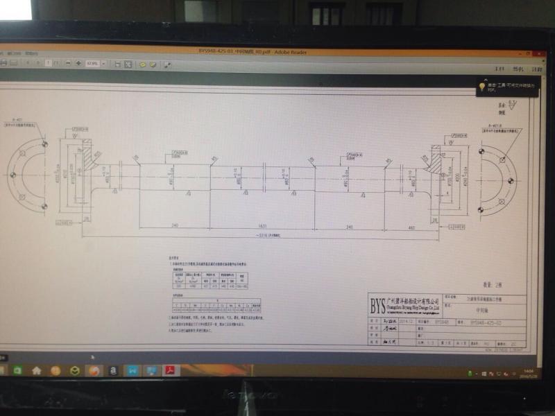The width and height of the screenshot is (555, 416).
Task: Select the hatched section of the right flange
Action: pyautogui.click(x=438, y=162)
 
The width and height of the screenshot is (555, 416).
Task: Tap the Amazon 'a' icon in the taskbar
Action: pyautogui.click(x=112, y=371)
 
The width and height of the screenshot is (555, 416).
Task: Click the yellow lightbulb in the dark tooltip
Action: pyautogui.click(x=481, y=87)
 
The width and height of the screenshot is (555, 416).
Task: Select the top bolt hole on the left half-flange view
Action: pyautogui.click(x=43, y=144)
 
